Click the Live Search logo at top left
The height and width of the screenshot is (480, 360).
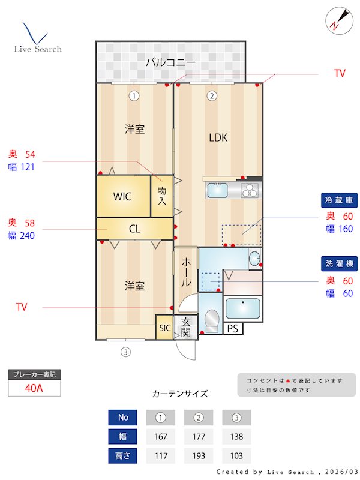click(x=37, y=39)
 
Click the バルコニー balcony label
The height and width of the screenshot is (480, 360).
click(x=170, y=62)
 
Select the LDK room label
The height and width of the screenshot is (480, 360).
click(x=218, y=137)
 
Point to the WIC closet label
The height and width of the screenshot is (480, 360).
click(x=122, y=196)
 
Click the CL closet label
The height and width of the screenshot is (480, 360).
click(x=135, y=228)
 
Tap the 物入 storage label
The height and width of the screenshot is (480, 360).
click(x=162, y=196)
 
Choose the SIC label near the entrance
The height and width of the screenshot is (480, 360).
click(x=165, y=328)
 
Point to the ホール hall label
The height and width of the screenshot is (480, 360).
click(x=186, y=272)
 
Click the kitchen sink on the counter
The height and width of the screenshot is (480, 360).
click(x=217, y=191)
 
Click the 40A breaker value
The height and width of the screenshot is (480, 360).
click(x=34, y=388)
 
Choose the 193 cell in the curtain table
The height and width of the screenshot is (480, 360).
click(x=199, y=455)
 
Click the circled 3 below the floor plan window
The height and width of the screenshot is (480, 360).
click(x=125, y=352)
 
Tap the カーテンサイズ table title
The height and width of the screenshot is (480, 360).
click(x=180, y=394)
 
